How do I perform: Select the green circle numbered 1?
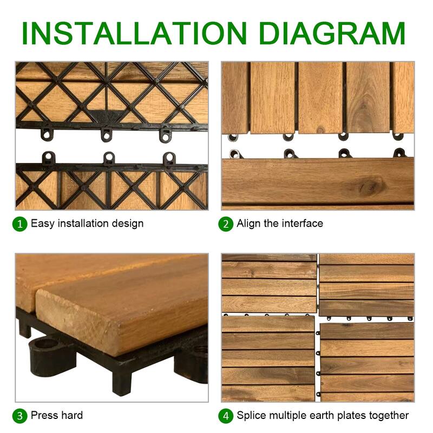(x=20, y=224)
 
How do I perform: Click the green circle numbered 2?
(x=226, y=224)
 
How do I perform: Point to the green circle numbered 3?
(x=20, y=416)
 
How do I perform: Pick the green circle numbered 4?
(x=226, y=416)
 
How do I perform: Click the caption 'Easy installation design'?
(x=87, y=223)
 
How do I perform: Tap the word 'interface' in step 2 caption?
(x=302, y=223)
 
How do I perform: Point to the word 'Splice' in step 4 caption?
(x=252, y=415)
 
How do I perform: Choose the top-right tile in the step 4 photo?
(x=366, y=285)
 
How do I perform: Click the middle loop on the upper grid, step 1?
(x=107, y=132)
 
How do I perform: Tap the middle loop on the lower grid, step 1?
(x=109, y=158)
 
